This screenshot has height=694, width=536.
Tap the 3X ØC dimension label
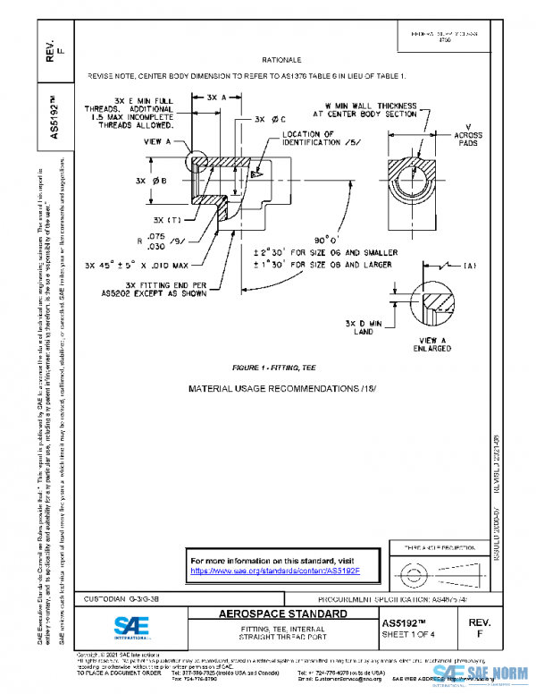pyautogui.click(x=270, y=118)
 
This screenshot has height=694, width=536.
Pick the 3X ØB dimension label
pyautogui.click(x=147, y=181)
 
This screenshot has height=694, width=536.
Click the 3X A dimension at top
pyautogui.click(x=215, y=97)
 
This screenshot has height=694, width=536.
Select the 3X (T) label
pyautogui.click(x=166, y=219)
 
